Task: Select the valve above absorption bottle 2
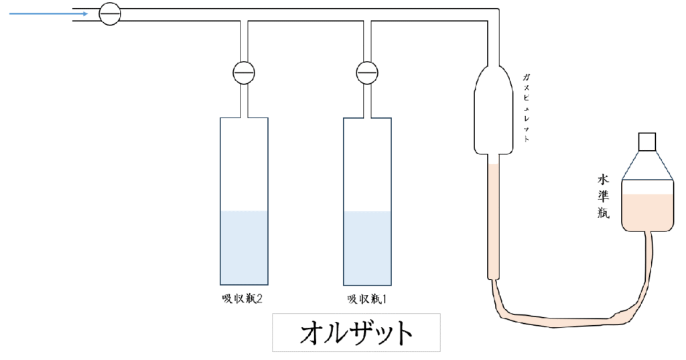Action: coord(244,72)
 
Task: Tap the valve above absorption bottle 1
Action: coord(366,72)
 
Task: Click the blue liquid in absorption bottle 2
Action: coord(244,247)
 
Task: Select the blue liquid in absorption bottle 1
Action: coord(367,247)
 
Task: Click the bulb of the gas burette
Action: coord(493,111)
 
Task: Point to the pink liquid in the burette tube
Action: coord(493,221)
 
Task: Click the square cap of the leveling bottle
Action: coord(647,141)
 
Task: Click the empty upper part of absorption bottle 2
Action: coord(244,164)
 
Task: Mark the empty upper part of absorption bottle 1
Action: coord(367,164)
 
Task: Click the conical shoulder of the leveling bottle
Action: coord(646,165)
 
